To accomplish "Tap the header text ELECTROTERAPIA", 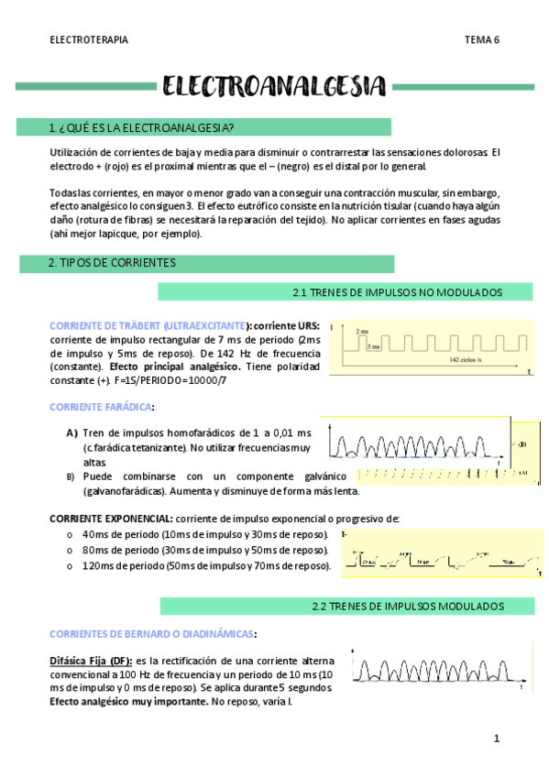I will click(x=89, y=39).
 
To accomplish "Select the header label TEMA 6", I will click(x=481, y=39).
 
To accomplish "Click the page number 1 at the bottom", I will click(x=496, y=739).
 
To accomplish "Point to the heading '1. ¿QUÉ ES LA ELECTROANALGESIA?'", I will click(x=140, y=127).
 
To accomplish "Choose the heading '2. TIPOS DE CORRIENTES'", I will click(x=112, y=263).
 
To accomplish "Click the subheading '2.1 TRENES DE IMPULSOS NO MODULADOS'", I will click(x=397, y=292).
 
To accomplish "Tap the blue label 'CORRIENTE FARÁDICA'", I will click(x=101, y=407).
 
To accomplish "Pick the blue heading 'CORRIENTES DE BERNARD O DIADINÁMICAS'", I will click(x=152, y=633).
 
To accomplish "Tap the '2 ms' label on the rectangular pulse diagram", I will click(x=362, y=331).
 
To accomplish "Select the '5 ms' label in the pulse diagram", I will click(x=373, y=346).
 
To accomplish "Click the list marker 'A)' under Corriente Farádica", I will click(x=71, y=432).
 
